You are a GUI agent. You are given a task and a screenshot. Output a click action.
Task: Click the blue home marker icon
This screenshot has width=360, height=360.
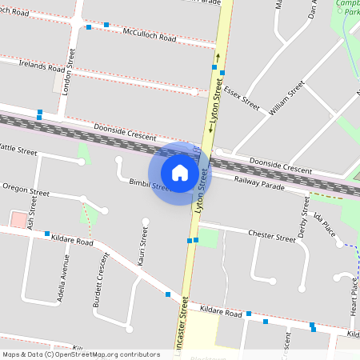pyautogui.click(x=180, y=172)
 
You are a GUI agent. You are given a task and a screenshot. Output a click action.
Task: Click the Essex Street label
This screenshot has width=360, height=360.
pyautogui.click(x=242, y=97)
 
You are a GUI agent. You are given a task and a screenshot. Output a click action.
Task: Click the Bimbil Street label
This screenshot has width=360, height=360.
pyautogui.click(x=150, y=186)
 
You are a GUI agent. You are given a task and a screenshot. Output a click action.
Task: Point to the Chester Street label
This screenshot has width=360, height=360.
pyautogui.click(x=272, y=236)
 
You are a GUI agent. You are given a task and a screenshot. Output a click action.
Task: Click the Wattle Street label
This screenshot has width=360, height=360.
pyautogui.click(x=19, y=150)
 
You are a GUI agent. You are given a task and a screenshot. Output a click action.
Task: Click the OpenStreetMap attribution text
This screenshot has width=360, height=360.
pyautogui.click(x=81, y=354)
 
